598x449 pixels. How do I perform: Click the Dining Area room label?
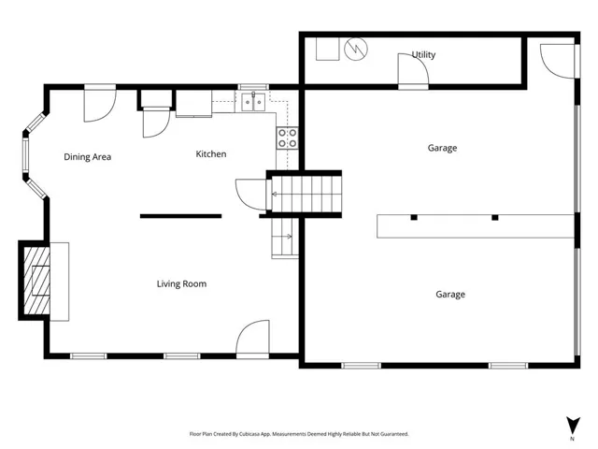click(x=87, y=157)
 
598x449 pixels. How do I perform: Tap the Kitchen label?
click(x=211, y=153)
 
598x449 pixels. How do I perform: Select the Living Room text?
click(x=181, y=283)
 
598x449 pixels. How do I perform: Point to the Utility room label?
click(x=423, y=54)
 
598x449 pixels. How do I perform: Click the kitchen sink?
click(x=253, y=102)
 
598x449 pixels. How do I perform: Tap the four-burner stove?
click(x=287, y=138)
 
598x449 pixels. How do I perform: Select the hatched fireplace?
click(x=36, y=281)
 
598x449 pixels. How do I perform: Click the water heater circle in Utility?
click(x=356, y=49)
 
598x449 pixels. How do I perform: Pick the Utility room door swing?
click(x=413, y=71)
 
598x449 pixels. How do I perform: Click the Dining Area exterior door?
click(x=100, y=104)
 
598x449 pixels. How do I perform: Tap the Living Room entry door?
click(x=252, y=339)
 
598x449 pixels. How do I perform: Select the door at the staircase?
click(x=251, y=194)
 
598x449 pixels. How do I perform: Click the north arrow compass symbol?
click(x=573, y=425)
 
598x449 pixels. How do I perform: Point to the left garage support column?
click(x=414, y=218)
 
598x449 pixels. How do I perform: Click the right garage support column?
click(x=494, y=218)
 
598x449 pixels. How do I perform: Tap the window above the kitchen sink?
click(x=253, y=87)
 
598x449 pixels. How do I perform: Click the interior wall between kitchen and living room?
click(x=180, y=216)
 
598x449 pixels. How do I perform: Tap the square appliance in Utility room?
click(x=328, y=49)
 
